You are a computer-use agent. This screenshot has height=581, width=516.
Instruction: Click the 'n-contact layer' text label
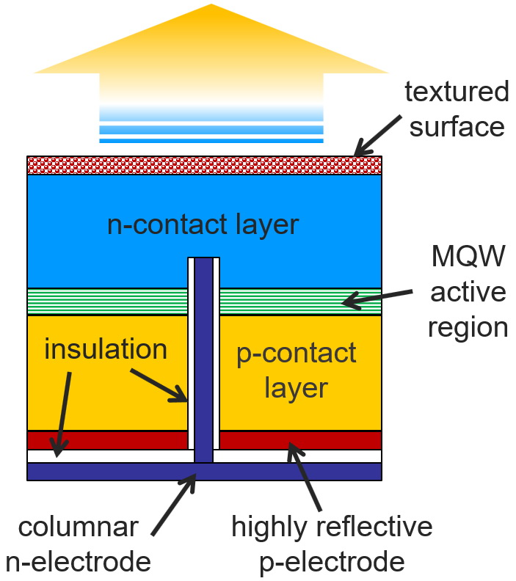click(x=203, y=224)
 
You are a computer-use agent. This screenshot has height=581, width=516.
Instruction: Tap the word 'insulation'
click(x=106, y=348)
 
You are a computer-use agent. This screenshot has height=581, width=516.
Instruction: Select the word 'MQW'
click(x=468, y=256)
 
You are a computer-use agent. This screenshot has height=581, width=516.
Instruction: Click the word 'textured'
click(x=457, y=91)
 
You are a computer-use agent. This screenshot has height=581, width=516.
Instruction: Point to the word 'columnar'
click(x=79, y=527)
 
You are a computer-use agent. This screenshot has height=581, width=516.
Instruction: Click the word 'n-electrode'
click(x=79, y=562)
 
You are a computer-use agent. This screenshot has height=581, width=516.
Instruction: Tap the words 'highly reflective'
click(x=332, y=526)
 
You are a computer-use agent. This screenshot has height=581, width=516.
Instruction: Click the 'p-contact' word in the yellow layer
click(x=297, y=354)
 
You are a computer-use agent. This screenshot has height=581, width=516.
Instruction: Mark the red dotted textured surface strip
click(x=204, y=165)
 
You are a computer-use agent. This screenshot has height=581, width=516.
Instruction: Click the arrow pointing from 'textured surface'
click(x=377, y=136)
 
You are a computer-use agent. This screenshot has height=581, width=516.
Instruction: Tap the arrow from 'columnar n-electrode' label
click(x=173, y=504)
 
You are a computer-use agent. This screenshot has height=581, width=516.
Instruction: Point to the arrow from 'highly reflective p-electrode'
click(x=305, y=477)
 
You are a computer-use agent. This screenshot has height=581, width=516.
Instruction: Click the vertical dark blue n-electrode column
click(x=203, y=360)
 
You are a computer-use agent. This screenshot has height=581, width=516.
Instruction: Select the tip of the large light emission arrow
click(x=211, y=4)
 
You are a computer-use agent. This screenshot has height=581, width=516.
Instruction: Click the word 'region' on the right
click(x=468, y=329)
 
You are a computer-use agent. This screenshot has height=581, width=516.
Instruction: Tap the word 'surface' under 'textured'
click(x=457, y=127)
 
